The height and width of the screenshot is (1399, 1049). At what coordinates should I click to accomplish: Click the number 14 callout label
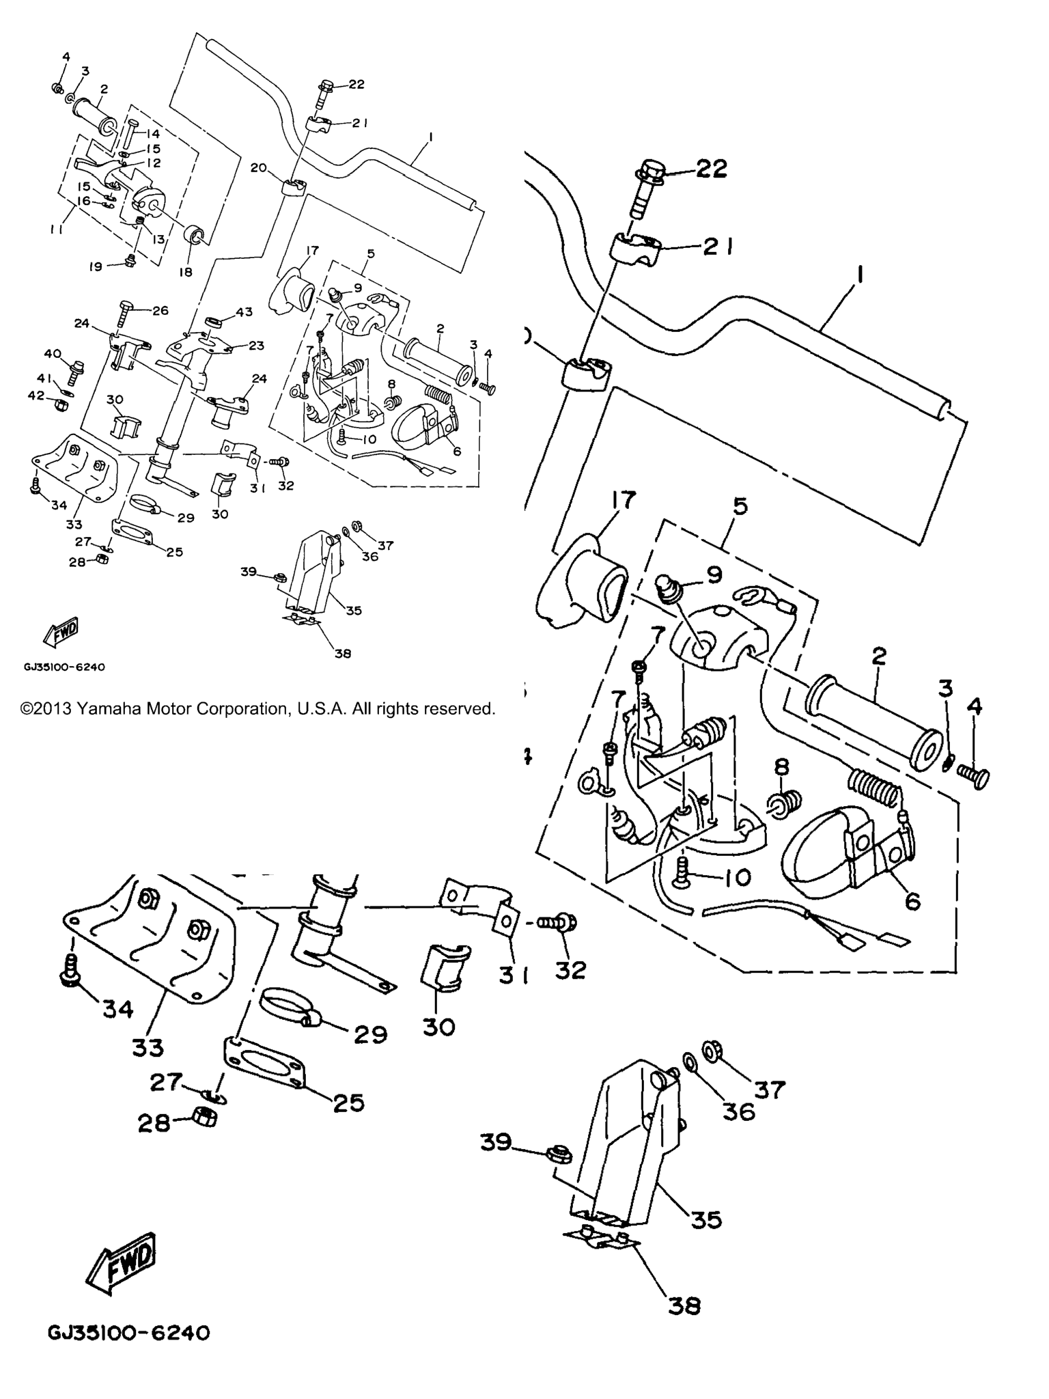[x=152, y=134]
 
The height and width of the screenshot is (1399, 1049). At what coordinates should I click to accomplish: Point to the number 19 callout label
[x=96, y=266]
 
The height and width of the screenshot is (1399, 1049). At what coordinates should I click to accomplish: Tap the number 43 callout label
[x=244, y=312]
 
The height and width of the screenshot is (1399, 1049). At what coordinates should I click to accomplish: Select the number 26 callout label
[x=160, y=311]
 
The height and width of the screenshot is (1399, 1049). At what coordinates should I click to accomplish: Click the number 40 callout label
[x=52, y=353]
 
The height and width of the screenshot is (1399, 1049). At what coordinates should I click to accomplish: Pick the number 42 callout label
[x=36, y=396]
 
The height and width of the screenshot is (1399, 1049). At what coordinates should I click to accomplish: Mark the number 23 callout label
[x=256, y=346]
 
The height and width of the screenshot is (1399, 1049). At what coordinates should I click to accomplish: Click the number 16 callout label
[x=83, y=201]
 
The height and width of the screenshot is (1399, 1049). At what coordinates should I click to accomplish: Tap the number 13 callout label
[x=158, y=239]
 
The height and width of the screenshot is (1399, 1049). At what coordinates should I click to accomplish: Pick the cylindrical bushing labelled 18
[x=195, y=236]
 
